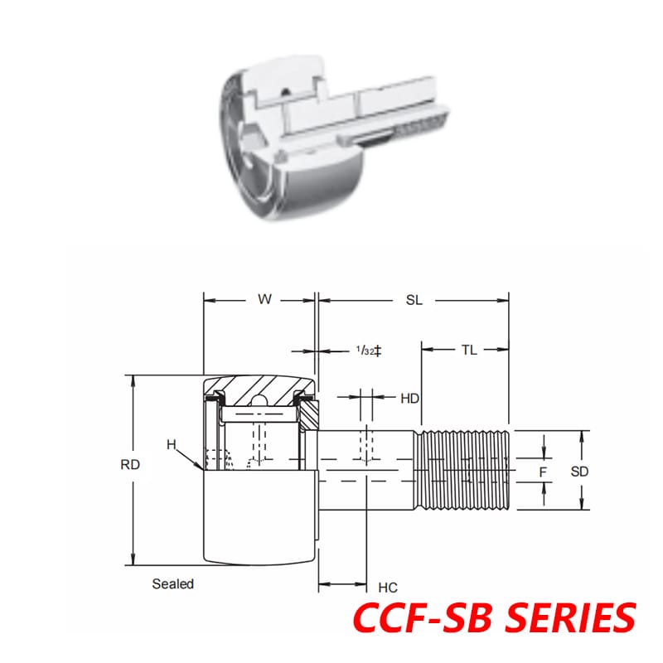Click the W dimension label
click(264, 300)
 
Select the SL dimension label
click(414, 300)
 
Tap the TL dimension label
click(468, 350)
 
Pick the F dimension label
click(543, 471)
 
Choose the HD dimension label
click(409, 399)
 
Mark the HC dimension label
click(387, 588)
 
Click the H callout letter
click(171, 444)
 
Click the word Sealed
click(172, 583)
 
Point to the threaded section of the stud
click(464, 471)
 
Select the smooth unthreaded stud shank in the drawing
click(369, 471)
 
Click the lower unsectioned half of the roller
click(259, 518)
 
